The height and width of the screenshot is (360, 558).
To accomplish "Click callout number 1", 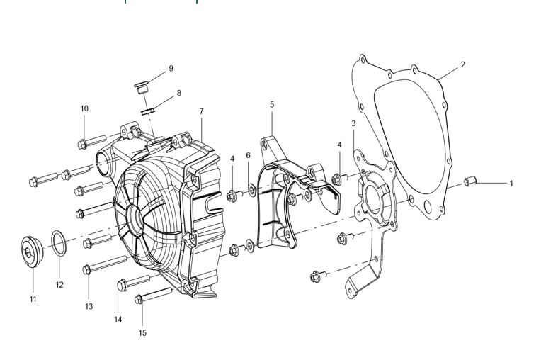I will [x=511, y=184].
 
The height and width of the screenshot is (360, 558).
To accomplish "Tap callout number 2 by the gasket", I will [x=462, y=65].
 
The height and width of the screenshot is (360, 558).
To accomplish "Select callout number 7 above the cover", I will [x=201, y=112].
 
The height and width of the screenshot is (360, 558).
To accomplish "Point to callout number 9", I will [x=171, y=69].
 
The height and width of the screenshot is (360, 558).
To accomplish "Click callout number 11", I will [x=33, y=299].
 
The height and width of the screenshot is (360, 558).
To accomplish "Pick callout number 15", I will [x=142, y=332].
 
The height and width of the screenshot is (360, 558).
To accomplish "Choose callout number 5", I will [x=272, y=105].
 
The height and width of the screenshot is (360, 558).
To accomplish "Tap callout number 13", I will [x=89, y=306].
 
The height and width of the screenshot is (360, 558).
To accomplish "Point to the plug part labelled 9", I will [x=139, y=89].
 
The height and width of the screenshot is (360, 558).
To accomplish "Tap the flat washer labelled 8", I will [x=149, y=110].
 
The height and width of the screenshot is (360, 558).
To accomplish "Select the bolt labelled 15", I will [x=152, y=296].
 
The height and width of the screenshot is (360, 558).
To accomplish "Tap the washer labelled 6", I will [x=251, y=191].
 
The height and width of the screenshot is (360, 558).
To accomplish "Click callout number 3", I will [x=353, y=124].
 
